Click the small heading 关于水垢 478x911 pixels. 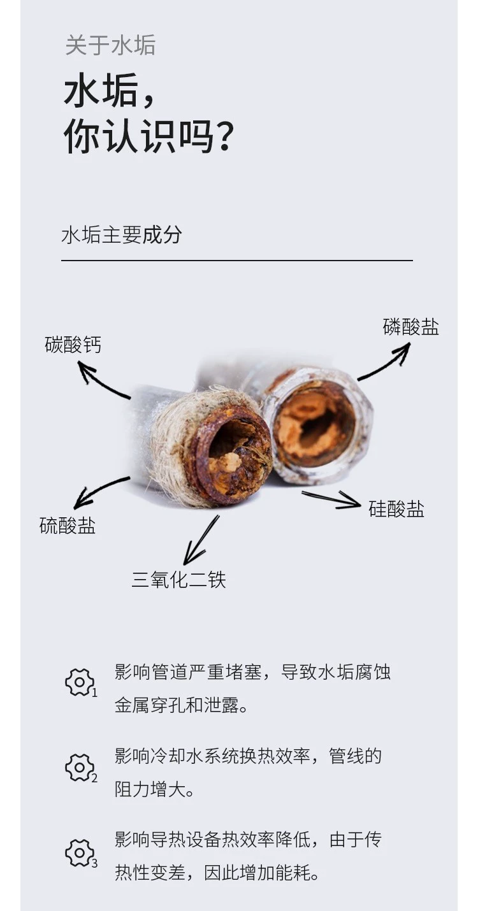click(110, 46)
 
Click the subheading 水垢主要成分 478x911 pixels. click(122, 235)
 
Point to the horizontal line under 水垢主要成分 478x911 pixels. click(236, 261)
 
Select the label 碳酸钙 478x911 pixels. click(73, 345)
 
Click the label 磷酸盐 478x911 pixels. click(411, 327)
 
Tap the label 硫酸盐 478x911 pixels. click(68, 526)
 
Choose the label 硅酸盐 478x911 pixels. click(396, 509)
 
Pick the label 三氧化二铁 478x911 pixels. click(178, 580)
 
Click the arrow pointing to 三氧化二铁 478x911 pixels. click(201, 540)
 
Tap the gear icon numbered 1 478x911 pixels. click(80, 682)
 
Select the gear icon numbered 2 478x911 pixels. click(80, 768)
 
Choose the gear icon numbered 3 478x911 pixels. click(80, 853)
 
